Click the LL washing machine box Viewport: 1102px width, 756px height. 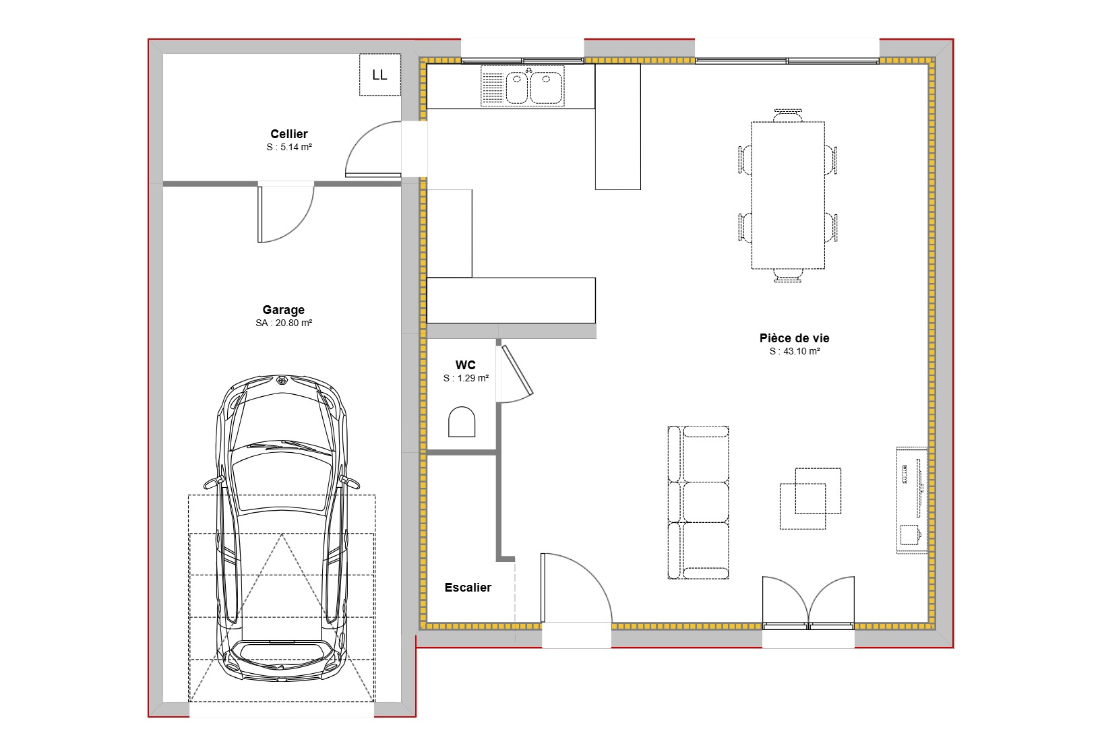pos(379,75)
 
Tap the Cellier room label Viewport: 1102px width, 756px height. pos(289,134)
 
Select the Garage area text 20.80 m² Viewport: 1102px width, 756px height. pos(284,323)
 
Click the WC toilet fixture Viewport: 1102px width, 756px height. pos(462,422)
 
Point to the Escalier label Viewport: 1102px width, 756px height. pos(468,588)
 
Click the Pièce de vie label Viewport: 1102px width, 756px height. pos(794,338)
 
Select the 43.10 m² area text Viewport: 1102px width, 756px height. pos(795,352)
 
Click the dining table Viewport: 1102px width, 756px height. pos(788,195)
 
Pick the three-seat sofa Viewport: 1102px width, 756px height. pos(699,502)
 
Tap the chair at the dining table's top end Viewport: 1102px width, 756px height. pos(788,115)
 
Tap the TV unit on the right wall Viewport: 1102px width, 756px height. pos(911,499)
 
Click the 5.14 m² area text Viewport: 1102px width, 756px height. pos(289,148)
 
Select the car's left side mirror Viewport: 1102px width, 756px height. pos(212,482)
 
